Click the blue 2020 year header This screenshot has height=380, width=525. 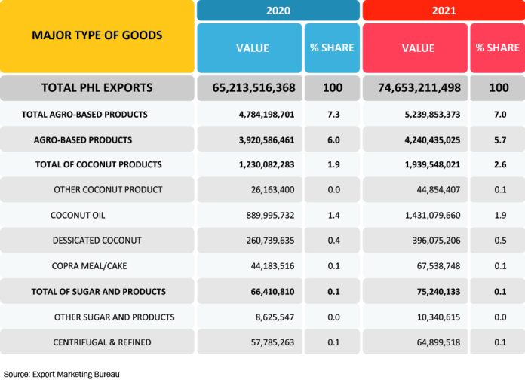(278, 11)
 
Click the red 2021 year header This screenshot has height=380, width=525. (443, 11)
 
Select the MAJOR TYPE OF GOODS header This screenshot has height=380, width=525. (97, 35)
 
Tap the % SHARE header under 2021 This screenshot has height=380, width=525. (497, 48)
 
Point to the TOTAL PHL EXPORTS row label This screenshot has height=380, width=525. (97, 88)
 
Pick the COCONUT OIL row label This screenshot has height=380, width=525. (78, 215)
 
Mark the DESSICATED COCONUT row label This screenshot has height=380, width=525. (97, 241)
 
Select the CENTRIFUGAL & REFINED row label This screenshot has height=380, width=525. (102, 342)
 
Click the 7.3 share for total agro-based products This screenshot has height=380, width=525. (333, 114)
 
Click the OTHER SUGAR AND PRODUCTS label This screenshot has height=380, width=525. (114, 317)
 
